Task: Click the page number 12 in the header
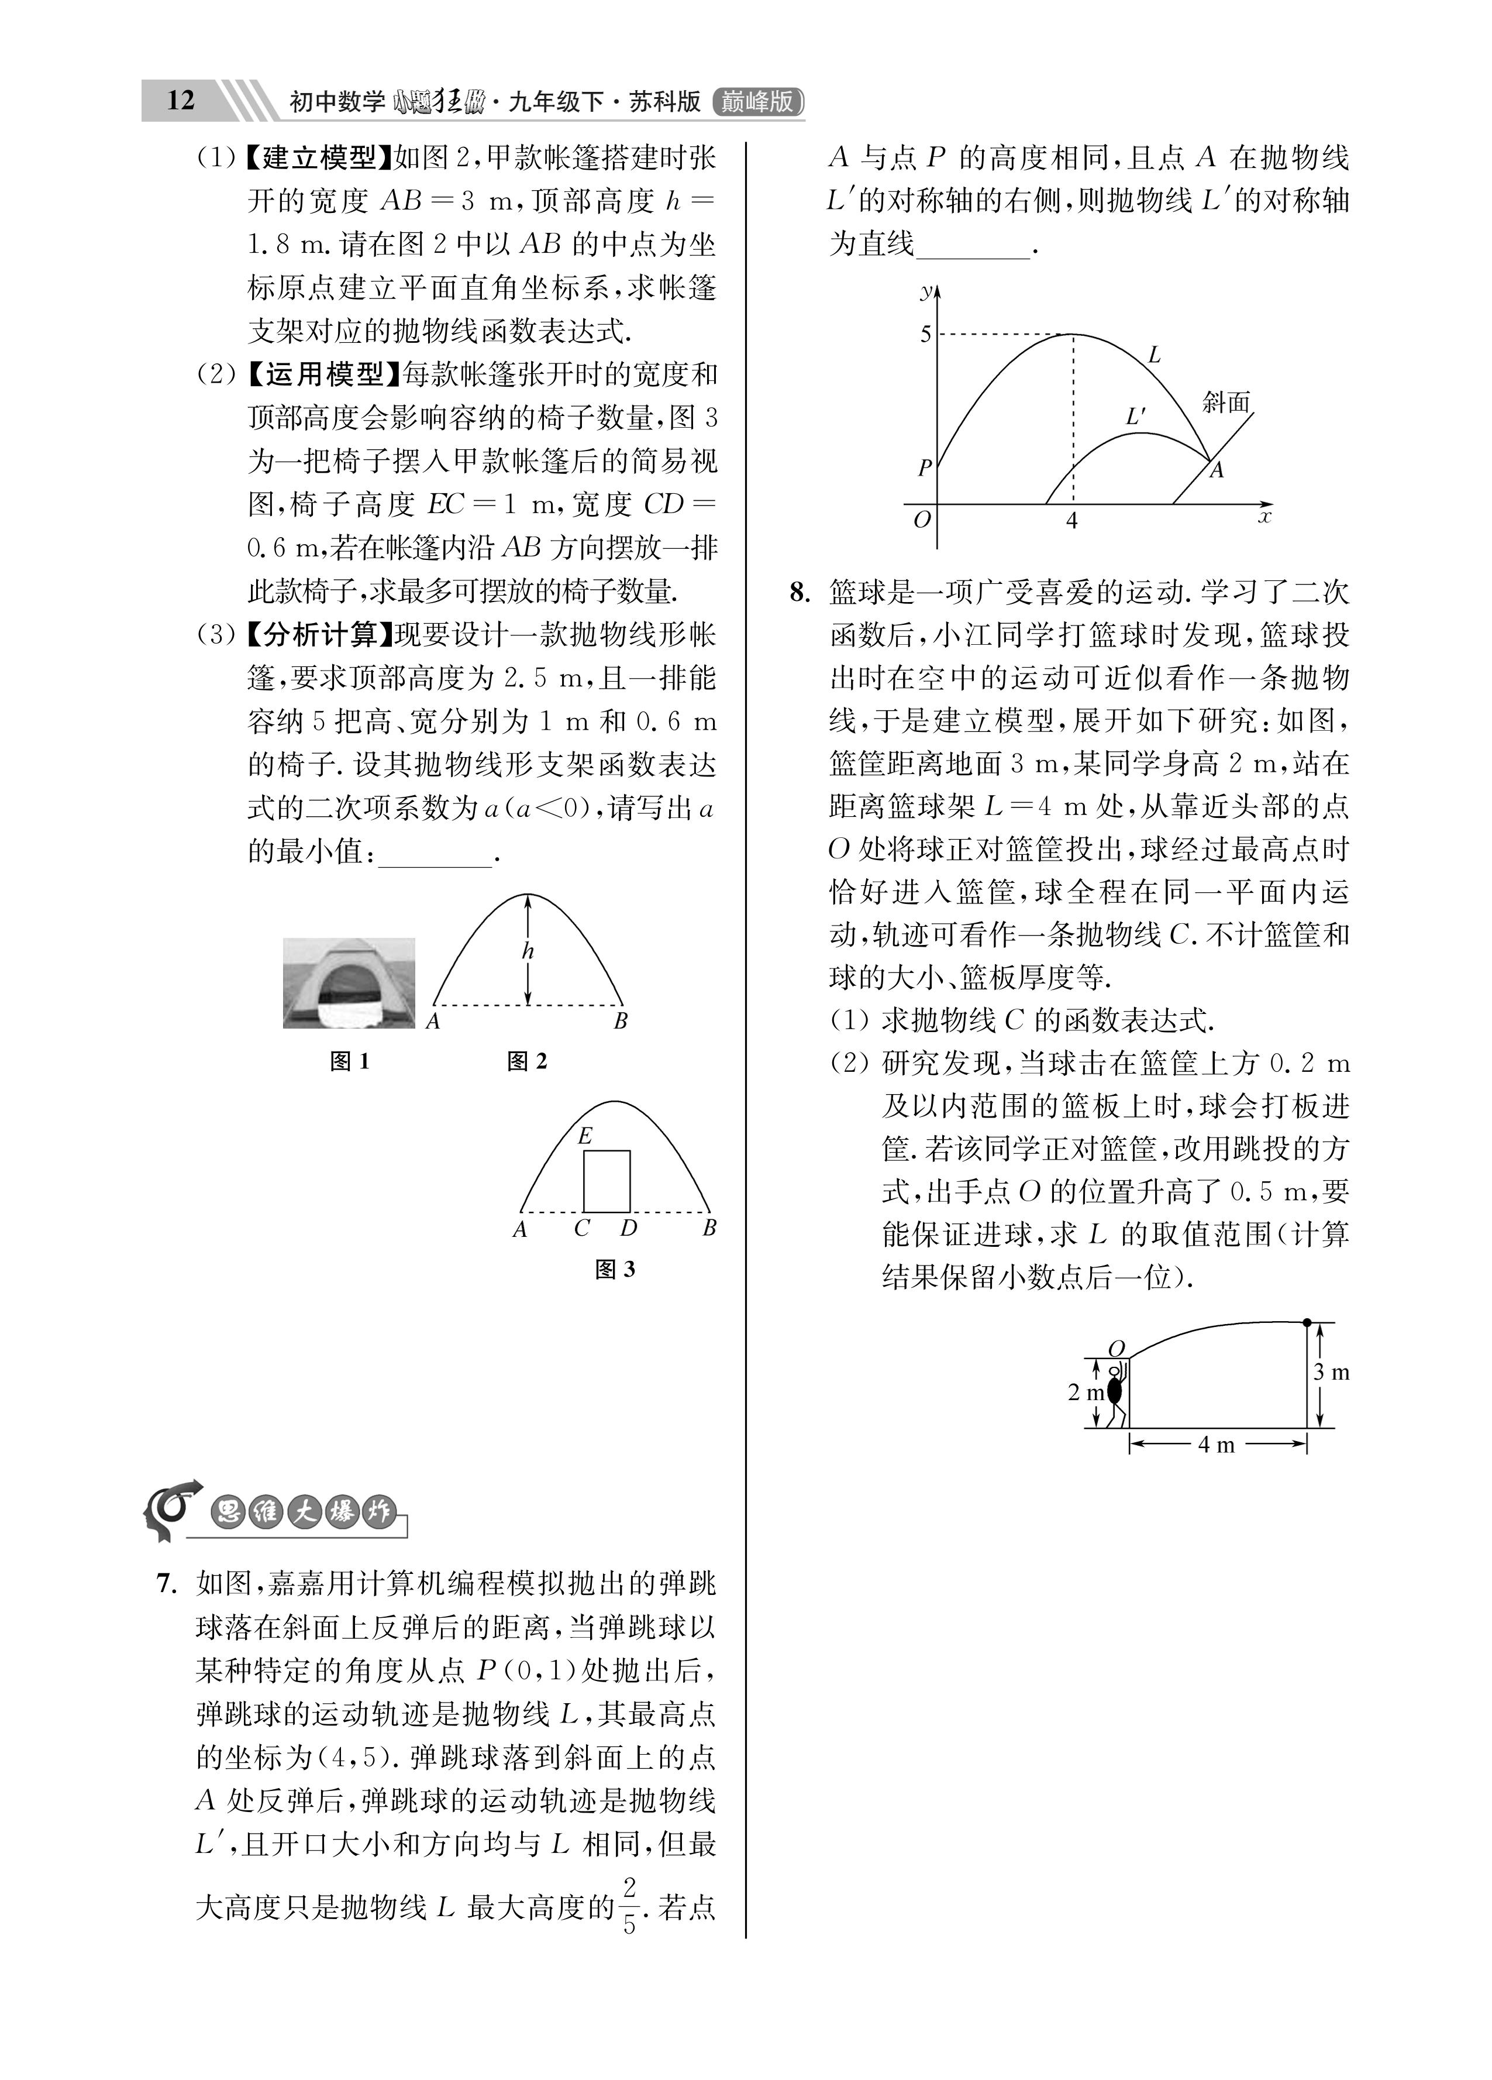click(x=181, y=100)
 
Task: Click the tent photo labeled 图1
click(x=349, y=983)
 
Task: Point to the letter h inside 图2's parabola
click(x=528, y=951)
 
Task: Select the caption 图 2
click(x=528, y=1061)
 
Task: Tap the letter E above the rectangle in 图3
click(x=585, y=1136)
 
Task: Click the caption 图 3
click(x=615, y=1269)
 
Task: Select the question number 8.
click(x=800, y=593)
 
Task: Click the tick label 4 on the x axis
click(x=1071, y=521)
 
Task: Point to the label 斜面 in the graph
click(x=1226, y=402)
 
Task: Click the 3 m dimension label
click(x=1332, y=1373)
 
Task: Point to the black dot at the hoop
click(x=1307, y=1322)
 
